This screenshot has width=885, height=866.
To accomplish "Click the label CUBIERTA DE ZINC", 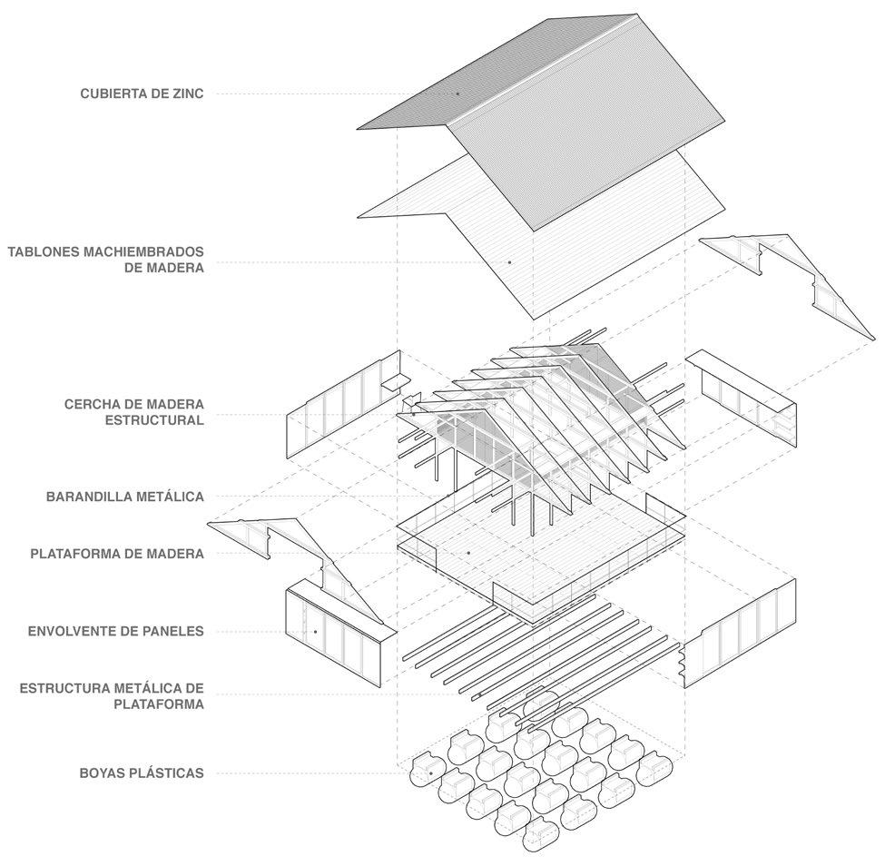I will pos(142,93).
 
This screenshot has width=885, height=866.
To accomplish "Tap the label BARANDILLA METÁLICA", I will pos(125,497).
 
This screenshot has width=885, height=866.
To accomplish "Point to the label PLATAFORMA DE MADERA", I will pos(117,553).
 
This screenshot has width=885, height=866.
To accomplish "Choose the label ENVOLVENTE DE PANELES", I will pos(116,631).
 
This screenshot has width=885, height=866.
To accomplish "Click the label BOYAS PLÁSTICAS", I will pos(141,773).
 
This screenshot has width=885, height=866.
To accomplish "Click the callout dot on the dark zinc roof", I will pos(458,93).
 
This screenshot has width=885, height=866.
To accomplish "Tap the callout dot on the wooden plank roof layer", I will pos(509,262).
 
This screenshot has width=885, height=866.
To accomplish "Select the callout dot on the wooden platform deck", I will pos(468,552).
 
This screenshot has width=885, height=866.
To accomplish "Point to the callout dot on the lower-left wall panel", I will pos(315,631).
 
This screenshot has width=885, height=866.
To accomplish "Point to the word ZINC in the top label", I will pos(186,93).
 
